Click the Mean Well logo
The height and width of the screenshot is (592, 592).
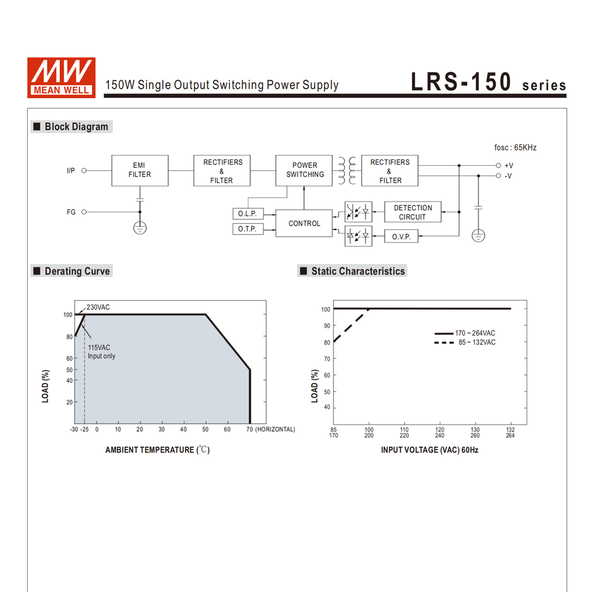(61, 78)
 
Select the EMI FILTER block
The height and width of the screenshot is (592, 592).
(140, 170)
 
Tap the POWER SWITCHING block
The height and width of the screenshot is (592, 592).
(304, 170)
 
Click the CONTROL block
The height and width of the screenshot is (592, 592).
(304, 223)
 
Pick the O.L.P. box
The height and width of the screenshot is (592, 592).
(248, 214)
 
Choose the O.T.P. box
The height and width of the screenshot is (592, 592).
(248, 229)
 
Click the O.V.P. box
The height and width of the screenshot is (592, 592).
(401, 236)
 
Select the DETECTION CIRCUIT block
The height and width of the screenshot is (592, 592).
(413, 212)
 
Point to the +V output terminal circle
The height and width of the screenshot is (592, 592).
(498, 165)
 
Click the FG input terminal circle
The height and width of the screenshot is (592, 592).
(84, 212)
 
